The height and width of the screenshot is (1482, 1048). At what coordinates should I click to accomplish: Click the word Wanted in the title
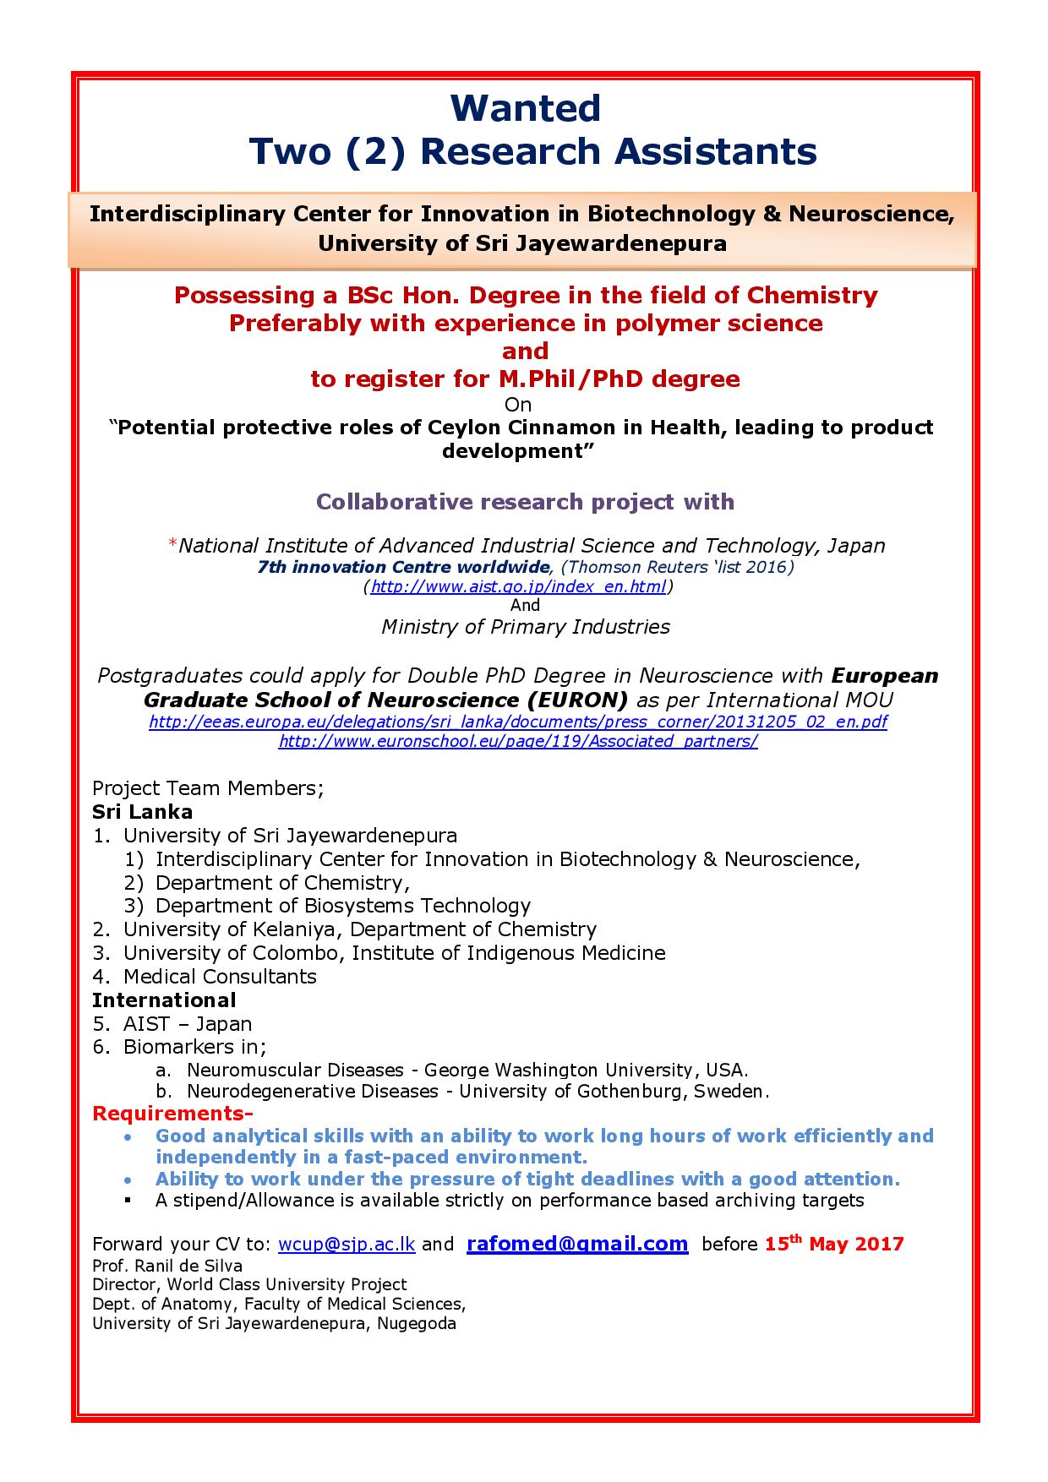click(525, 108)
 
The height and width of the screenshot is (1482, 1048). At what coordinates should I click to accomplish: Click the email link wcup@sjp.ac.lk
click(346, 1244)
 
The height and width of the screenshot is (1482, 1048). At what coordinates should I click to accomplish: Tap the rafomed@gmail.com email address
click(577, 1243)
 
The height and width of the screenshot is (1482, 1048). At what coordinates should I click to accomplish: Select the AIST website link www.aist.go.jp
click(518, 586)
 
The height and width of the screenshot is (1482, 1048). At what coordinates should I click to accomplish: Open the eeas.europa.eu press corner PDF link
click(517, 722)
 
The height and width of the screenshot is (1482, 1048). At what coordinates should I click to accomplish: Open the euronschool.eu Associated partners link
click(517, 741)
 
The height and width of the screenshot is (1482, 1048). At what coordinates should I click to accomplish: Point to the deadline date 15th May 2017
click(833, 1244)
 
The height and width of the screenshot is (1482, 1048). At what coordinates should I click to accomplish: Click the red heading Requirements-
click(172, 1113)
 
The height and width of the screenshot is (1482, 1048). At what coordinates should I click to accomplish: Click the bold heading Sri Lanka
click(142, 812)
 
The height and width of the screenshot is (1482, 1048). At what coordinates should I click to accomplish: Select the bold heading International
click(164, 1000)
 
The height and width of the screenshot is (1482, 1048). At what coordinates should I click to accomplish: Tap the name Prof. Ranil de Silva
click(167, 1266)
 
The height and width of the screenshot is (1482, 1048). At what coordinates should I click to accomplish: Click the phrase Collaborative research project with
click(525, 502)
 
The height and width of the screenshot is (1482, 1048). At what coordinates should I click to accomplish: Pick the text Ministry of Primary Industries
click(525, 627)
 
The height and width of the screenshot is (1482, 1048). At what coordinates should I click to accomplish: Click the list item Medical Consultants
click(220, 977)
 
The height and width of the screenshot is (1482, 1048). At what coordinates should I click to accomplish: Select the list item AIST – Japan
click(188, 1024)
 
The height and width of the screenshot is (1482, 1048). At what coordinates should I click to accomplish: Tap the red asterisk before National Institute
click(173, 545)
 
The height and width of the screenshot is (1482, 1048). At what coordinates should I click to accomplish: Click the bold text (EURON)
click(576, 700)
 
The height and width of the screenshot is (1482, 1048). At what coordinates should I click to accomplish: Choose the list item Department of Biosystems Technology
click(343, 906)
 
